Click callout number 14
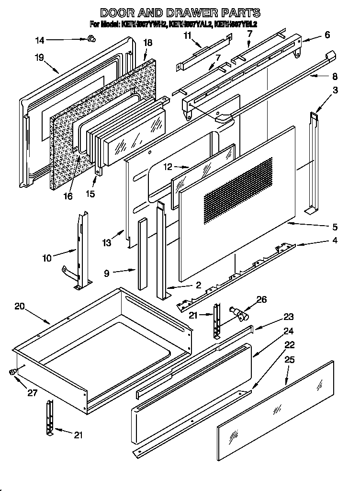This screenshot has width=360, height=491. tap(40, 40)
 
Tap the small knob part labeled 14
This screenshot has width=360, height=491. tap(90, 39)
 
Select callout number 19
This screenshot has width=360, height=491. tap(40, 57)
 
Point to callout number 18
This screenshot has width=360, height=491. tap(147, 43)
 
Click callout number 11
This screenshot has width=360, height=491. tap(187, 35)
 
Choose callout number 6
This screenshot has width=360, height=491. tap(327, 34)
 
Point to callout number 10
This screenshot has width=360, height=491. tap(46, 258)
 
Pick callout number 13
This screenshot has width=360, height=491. tap(106, 243)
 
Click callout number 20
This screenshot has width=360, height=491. tap(20, 307)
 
